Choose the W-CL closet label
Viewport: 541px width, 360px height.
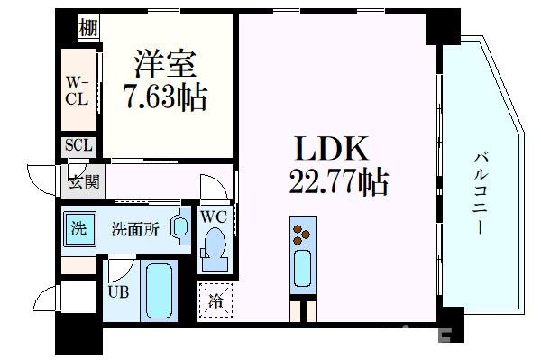click(76, 91)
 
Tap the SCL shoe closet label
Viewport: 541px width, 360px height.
click(76, 146)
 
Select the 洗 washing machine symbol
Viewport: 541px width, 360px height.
click(79, 228)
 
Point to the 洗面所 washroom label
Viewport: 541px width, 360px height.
click(135, 228)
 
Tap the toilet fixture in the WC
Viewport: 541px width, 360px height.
click(214, 245)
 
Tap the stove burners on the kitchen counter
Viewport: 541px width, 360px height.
click(299, 233)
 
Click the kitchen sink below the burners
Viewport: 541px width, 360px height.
click(300, 267)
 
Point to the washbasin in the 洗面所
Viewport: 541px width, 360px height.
click(179, 227)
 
